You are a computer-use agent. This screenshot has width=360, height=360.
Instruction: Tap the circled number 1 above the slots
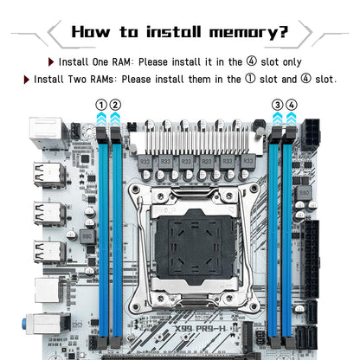[x=101, y=105]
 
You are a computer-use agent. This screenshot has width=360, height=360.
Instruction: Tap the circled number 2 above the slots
[x=115, y=105]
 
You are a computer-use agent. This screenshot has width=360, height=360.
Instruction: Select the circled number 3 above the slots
[x=277, y=105]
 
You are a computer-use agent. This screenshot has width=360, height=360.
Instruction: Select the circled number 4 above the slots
[x=291, y=105]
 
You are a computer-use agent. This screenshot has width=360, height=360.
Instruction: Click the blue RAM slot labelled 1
[x=101, y=234]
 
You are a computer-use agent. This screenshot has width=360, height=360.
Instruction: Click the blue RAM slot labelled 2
[x=115, y=234]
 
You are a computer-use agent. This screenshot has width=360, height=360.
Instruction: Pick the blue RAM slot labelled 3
[x=274, y=234]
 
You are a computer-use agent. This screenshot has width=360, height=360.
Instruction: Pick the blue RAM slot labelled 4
[x=288, y=234]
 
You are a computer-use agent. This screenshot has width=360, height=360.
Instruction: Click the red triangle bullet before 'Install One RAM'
[x=52, y=62]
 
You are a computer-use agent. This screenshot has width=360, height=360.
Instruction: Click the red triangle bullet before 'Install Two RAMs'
[x=27, y=79]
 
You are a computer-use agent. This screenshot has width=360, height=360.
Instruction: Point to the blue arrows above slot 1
[x=101, y=120]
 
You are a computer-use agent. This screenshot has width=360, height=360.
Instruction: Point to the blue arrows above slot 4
[x=291, y=120]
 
